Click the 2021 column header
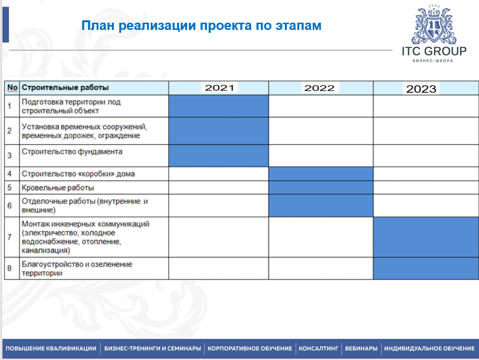click(x=219, y=88)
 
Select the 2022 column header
click(x=319, y=88)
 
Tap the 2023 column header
click(x=421, y=89)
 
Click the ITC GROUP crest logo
click(x=434, y=26)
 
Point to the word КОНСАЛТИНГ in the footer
click(x=318, y=348)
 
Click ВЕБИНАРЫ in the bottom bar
click(x=361, y=348)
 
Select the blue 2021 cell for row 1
click(x=219, y=106)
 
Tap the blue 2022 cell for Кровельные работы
click(x=321, y=188)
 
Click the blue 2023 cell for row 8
click(x=426, y=268)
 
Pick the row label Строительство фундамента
click(x=72, y=152)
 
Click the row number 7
click(x=10, y=237)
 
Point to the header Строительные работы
click(x=65, y=88)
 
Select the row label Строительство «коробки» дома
click(x=78, y=174)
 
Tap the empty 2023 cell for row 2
click(x=426, y=131)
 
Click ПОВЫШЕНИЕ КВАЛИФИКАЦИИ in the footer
click(x=51, y=348)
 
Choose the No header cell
click(x=12, y=88)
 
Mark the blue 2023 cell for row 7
click(x=426, y=237)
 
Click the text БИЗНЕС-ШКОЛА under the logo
click(x=433, y=61)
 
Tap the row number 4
click(x=10, y=174)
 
